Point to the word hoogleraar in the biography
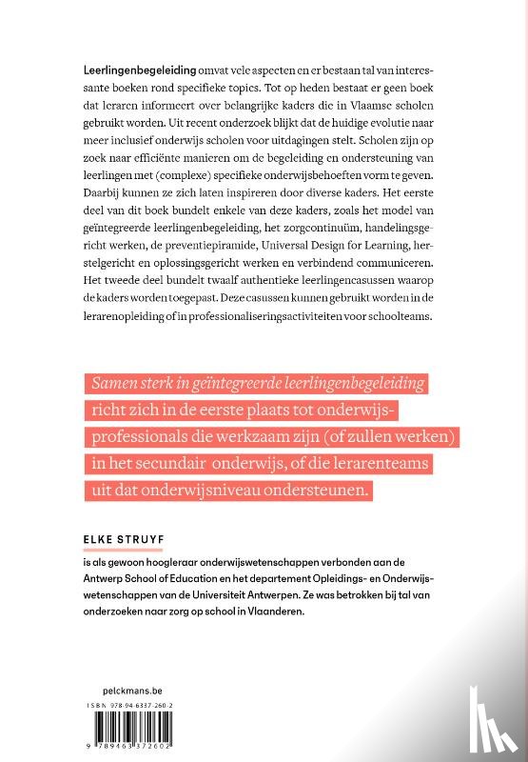[x=166, y=563]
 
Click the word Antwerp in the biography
[x=106, y=579]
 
